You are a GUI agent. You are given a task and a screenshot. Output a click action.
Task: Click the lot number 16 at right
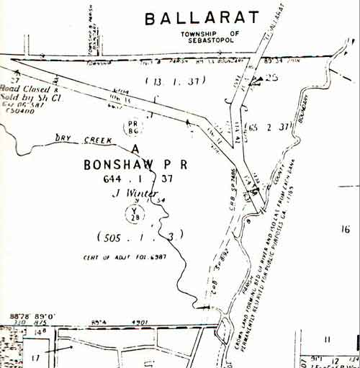coord(345,229)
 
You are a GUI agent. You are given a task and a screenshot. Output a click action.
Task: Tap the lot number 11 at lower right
coord(327,338)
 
